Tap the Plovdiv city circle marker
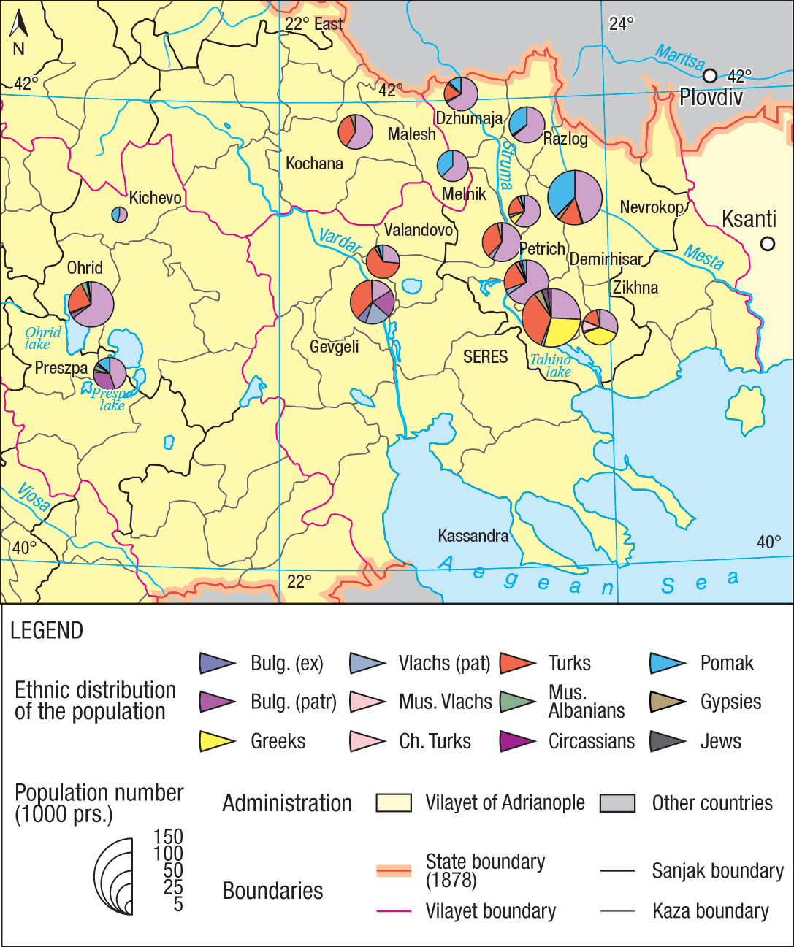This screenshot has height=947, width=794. pos(710,76)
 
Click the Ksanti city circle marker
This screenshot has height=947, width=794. pos(767,244)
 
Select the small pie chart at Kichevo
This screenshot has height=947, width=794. pos(120,215)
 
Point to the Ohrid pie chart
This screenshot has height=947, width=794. pos(91,304)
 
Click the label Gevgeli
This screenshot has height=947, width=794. pos(334,347)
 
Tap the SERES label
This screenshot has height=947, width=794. pos(485,357)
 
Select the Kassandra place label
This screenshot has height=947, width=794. pos(473,536)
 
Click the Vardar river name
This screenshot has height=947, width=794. pos(340,240)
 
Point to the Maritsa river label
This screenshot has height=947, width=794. pos(680,58)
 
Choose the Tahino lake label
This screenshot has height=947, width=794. pos(551,365)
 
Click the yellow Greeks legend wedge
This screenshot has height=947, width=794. pos(217,741)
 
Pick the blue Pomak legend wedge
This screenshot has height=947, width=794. pos(667,663)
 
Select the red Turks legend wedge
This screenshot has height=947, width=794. pos(516,663)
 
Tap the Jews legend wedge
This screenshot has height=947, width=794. pos(667,741)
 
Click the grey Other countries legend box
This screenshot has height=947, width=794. pos(617,803)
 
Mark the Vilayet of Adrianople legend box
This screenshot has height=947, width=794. pos(394,803)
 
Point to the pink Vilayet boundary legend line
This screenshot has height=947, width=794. pos(394,911)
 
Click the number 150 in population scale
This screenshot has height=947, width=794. pos(168,837)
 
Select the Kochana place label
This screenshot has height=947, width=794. pos(314,164)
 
